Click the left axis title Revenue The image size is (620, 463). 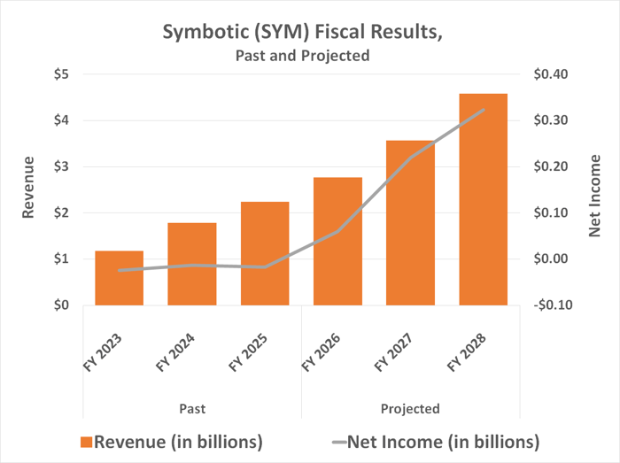(28, 188)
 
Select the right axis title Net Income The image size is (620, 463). (594, 193)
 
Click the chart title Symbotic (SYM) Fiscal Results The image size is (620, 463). (302, 32)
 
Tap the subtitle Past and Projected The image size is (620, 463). (302, 56)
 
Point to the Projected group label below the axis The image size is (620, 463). (410, 408)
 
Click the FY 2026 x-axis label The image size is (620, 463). (323, 351)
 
